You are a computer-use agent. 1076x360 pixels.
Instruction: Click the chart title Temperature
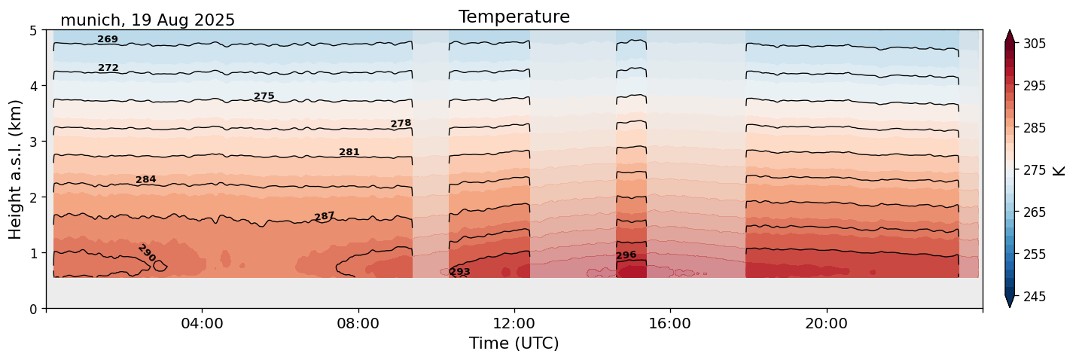514,17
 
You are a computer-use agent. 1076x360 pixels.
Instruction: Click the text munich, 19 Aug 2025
148,20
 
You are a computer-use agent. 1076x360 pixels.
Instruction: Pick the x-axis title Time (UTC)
514,343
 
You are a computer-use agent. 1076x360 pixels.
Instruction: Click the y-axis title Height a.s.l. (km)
16,169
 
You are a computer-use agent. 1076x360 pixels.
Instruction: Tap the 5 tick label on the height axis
34,30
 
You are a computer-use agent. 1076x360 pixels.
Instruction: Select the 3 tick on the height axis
34,142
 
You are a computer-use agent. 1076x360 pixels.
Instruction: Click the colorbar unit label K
1060,170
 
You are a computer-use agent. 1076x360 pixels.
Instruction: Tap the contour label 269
108,39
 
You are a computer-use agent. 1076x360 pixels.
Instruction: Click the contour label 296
626,255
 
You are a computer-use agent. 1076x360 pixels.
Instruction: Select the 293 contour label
459,272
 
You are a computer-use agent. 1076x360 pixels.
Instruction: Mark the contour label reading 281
349,152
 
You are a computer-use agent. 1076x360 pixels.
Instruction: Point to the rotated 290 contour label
147,253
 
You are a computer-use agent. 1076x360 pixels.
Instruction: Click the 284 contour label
146,179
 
